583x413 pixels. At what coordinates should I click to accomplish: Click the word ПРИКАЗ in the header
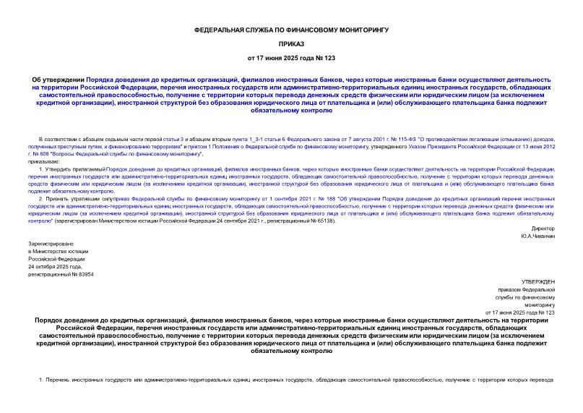click(x=291, y=43)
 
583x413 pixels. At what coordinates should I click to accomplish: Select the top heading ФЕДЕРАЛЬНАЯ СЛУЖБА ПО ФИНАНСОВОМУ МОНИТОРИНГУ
click(x=291, y=29)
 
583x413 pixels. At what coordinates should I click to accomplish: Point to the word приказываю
click(x=45, y=161)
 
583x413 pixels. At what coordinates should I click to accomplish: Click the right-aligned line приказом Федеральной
click(x=527, y=289)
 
